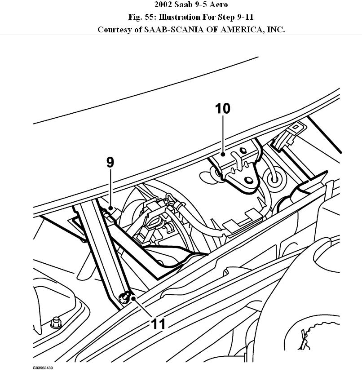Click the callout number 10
click(223, 108)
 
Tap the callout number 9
click(110, 162)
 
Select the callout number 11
click(158, 324)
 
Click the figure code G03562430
click(43, 368)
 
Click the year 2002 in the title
click(164, 5)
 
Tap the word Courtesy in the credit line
click(115, 30)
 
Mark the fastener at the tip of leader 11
click(126, 296)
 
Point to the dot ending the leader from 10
click(223, 154)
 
